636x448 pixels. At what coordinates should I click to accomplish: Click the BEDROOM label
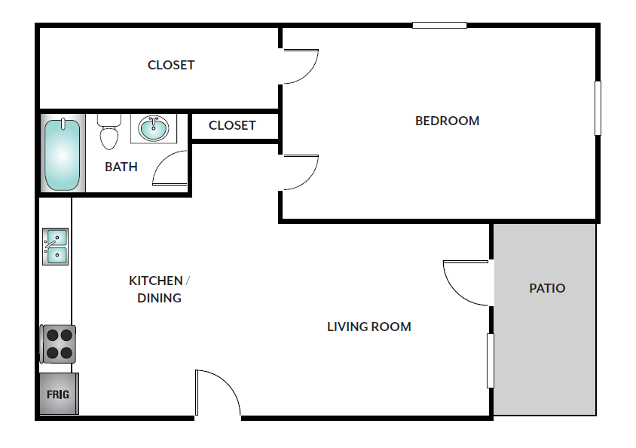point(447,121)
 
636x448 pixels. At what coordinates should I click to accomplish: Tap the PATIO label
point(547,288)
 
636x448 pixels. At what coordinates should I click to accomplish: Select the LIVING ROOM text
point(369,327)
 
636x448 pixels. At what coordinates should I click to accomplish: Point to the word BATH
point(121,167)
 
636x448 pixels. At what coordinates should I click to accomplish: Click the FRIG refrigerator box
point(60,394)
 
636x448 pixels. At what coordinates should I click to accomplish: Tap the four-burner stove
point(58,344)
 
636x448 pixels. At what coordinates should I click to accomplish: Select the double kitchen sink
point(56,247)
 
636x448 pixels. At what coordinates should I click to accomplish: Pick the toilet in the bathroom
point(109,132)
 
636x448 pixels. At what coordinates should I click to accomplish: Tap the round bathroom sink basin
point(153,128)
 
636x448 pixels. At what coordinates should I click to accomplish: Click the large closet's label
point(171,65)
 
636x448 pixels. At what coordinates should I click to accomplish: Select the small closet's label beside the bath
point(232,125)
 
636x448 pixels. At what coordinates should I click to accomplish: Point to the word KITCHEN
point(156,281)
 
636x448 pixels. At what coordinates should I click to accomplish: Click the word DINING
point(159,298)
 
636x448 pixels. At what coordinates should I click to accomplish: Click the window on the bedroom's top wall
point(439,25)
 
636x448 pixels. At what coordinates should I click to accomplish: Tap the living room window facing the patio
point(491,361)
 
